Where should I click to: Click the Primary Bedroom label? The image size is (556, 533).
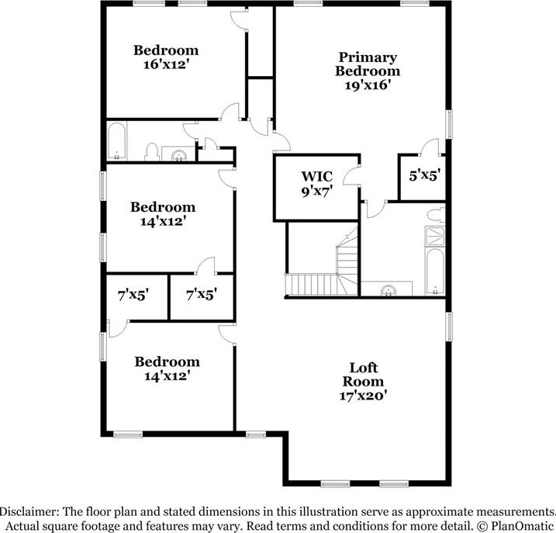pos(367,64)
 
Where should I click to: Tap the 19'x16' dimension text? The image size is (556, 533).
pos(367,86)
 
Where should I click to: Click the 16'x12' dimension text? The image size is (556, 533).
pos(166,65)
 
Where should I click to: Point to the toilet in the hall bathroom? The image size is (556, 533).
pos(153,151)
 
